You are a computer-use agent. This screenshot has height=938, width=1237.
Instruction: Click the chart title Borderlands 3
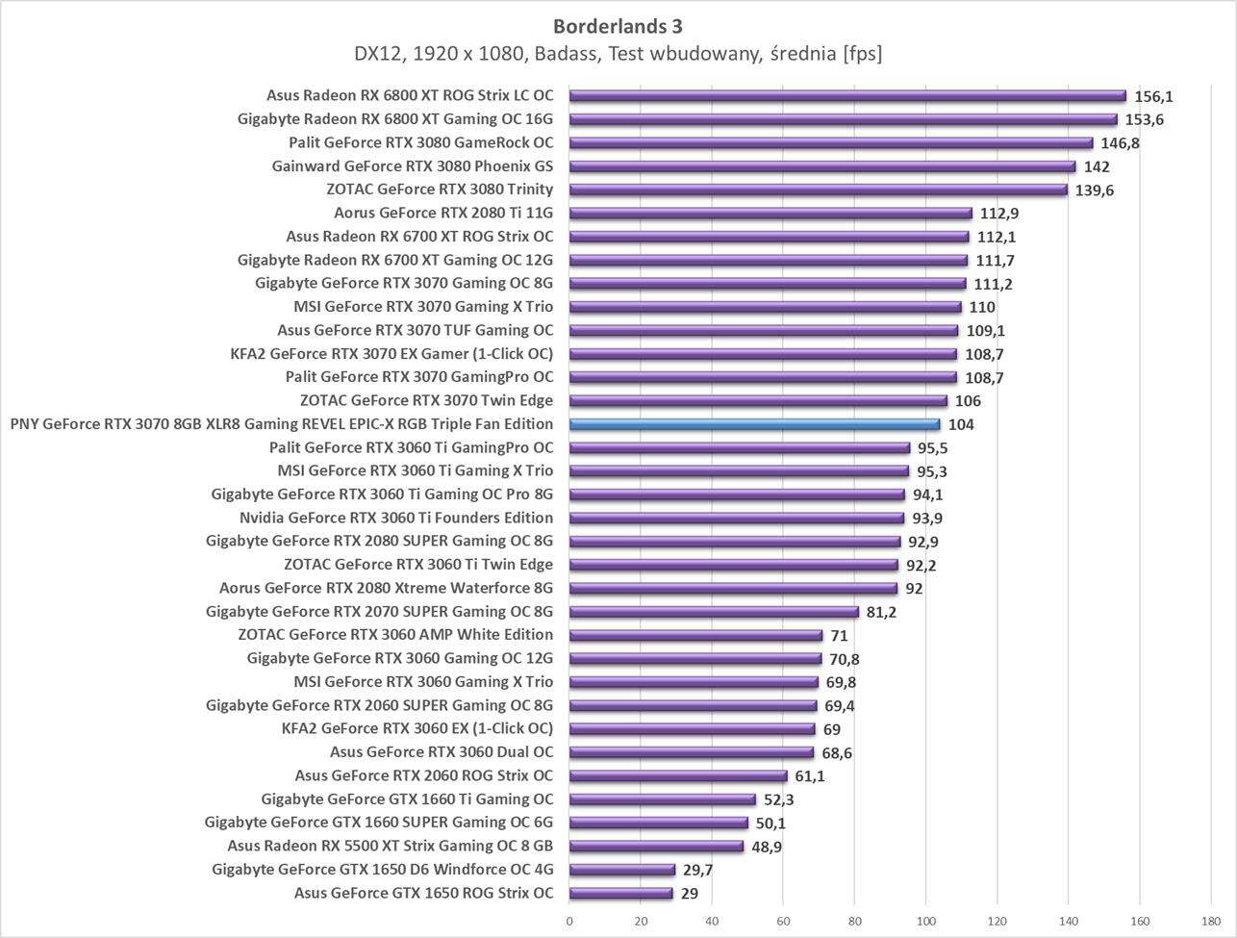618,26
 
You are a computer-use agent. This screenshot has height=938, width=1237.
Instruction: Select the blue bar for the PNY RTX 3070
754,424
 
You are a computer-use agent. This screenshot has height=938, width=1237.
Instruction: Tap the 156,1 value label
1153,96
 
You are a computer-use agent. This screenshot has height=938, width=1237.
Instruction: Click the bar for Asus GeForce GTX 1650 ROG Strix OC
620,894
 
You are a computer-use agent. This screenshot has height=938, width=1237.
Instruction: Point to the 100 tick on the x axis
925,921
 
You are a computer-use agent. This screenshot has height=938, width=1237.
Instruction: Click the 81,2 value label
881,612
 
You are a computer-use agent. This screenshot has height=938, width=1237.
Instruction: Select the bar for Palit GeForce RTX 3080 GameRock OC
830,143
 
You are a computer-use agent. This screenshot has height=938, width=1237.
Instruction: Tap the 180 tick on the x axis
1211,921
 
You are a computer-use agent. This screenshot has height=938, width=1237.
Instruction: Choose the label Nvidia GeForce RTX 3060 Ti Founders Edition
396,518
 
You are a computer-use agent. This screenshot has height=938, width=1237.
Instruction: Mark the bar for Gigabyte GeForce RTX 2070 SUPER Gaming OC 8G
714,612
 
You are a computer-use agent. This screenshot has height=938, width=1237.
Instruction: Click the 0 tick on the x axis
569,921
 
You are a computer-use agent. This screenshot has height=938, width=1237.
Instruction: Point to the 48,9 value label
767,847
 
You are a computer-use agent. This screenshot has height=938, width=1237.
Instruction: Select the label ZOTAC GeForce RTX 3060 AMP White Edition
395,635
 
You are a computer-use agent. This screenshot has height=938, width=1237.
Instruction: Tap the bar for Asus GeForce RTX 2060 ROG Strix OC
678,776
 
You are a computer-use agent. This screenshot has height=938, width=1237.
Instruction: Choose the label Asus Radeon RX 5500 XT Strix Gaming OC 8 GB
391,846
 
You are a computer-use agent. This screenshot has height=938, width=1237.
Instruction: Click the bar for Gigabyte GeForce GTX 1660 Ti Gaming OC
663,799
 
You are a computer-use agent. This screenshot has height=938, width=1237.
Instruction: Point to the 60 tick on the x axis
783,921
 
